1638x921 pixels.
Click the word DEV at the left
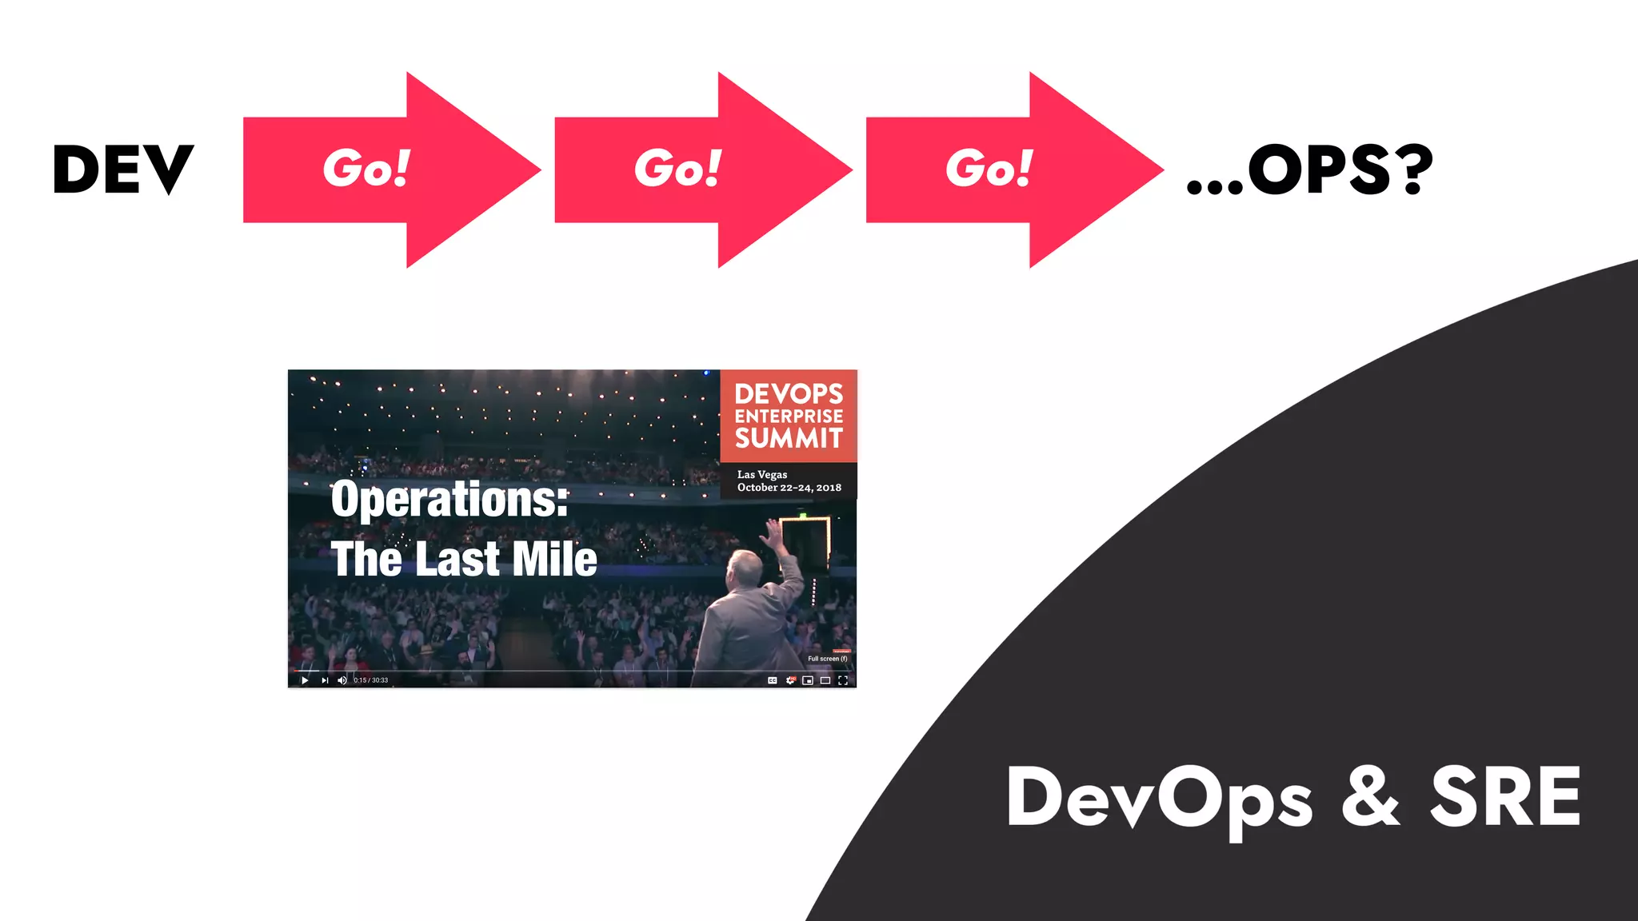tap(123, 169)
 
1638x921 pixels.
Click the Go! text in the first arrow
tap(366, 169)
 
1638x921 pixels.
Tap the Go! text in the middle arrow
tap(677, 169)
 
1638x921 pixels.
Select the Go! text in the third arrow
tap(989, 169)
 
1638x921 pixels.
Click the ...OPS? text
tap(1309, 169)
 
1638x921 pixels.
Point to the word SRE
tap(1505, 797)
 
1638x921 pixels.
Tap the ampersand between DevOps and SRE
tap(1370, 797)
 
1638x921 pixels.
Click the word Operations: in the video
tap(449, 500)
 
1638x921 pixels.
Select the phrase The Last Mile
tap(464, 559)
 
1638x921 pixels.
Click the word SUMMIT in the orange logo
tap(789, 438)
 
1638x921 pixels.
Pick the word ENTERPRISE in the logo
tap(789, 417)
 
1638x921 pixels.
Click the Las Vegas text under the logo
tap(761, 474)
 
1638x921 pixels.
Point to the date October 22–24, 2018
tap(789, 488)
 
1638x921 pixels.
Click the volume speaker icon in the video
tap(342, 680)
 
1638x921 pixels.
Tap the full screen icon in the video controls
tap(843, 680)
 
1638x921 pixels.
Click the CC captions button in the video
tap(772, 680)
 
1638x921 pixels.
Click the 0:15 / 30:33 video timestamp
tap(371, 680)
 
